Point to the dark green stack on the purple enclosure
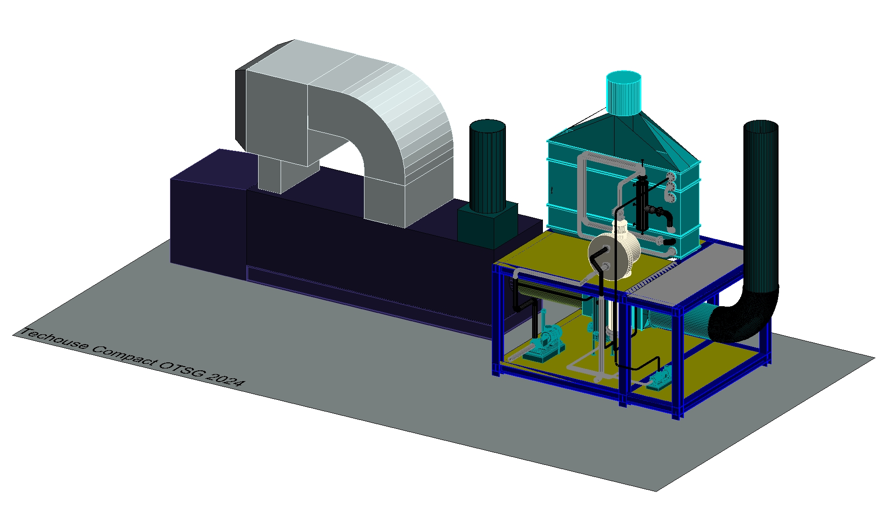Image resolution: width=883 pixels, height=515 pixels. [x=488, y=166]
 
